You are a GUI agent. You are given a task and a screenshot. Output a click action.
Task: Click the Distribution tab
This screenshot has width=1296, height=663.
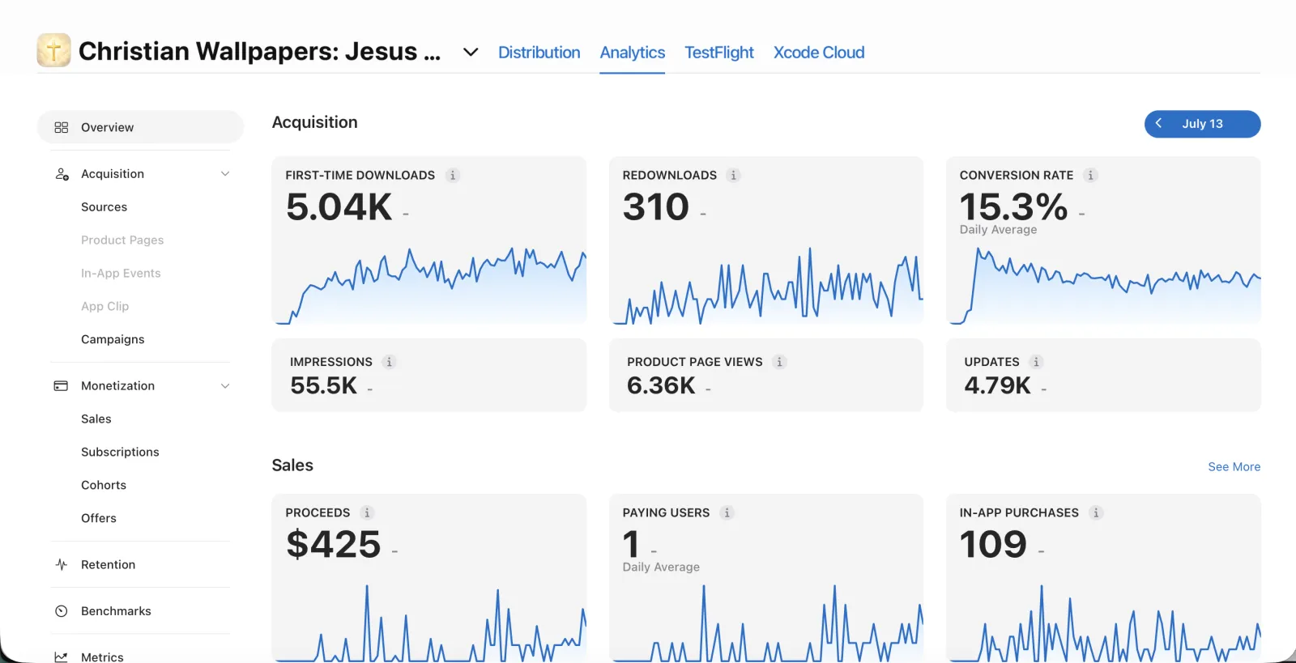click(x=539, y=52)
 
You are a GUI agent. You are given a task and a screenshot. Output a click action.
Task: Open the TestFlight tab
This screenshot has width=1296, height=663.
click(x=719, y=52)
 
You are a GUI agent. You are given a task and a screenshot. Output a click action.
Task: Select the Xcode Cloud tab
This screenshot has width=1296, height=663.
click(x=819, y=52)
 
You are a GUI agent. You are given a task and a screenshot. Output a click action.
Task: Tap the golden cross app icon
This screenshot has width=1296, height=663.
click(x=53, y=50)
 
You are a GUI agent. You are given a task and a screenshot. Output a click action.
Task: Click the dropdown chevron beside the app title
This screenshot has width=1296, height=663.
click(x=471, y=52)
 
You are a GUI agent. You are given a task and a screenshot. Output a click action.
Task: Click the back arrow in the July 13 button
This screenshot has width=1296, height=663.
click(x=1158, y=123)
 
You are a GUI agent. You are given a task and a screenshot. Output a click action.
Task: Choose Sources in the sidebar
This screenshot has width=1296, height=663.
click(x=104, y=206)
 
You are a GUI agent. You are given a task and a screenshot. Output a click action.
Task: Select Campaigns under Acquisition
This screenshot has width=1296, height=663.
click(x=113, y=339)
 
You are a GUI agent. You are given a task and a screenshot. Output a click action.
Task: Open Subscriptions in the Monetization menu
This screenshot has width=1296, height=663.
click(x=120, y=452)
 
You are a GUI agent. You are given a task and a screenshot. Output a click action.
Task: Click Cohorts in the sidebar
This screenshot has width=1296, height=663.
click(x=104, y=484)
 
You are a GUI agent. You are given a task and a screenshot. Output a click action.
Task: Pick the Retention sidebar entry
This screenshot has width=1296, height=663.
click(x=109, y=564)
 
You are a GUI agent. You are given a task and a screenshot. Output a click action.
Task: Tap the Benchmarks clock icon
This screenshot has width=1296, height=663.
click(x=61, y=611)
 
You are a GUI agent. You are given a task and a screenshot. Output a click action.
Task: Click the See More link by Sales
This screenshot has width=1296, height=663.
click(x=1234, y=466)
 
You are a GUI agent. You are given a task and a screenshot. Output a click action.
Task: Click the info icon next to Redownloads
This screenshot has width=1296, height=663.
click(x=733, y=175)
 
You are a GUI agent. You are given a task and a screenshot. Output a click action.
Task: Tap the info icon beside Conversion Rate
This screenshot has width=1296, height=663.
click(x=1090, y=175)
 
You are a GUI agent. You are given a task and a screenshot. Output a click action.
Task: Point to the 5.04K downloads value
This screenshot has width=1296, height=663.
click(x=339, y=206)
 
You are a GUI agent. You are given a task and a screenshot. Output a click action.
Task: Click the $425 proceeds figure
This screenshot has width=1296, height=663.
click(x=333, y=544)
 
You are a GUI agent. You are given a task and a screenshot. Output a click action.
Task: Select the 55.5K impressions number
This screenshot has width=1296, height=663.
click(x=323, y=385)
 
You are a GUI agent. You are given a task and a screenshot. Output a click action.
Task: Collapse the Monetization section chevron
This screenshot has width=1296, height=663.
click(x=225, y=385)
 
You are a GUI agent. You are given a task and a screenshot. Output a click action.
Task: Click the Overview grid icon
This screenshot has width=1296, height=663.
click(x=61, y=127)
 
